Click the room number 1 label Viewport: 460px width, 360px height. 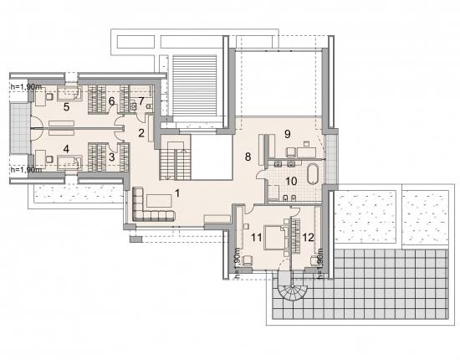pos(177,193)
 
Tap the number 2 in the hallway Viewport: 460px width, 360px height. pos(141,133)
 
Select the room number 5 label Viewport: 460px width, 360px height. pos(67,107)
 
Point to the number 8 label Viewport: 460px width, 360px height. pos(248,157)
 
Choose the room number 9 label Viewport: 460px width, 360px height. pos(288,134)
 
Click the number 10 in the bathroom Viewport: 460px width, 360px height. pos(291,181)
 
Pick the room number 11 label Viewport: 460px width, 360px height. pos(257,237)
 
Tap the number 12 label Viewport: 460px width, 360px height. pos(308,237)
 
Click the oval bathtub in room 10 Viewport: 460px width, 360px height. pos(313,173)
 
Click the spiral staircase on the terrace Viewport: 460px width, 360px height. pos(290,289)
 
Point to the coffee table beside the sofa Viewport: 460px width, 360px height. pos(160,201)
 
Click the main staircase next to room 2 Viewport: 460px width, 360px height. pos(176,161)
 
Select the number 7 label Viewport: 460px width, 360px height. pos(141,101)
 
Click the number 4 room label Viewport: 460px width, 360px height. pos(66,149)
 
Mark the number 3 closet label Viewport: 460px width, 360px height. pos(111,157)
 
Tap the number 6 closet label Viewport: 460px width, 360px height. pos(111,101)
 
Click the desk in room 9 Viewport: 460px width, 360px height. pos(307,152)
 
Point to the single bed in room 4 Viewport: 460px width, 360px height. pos(69,163)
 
